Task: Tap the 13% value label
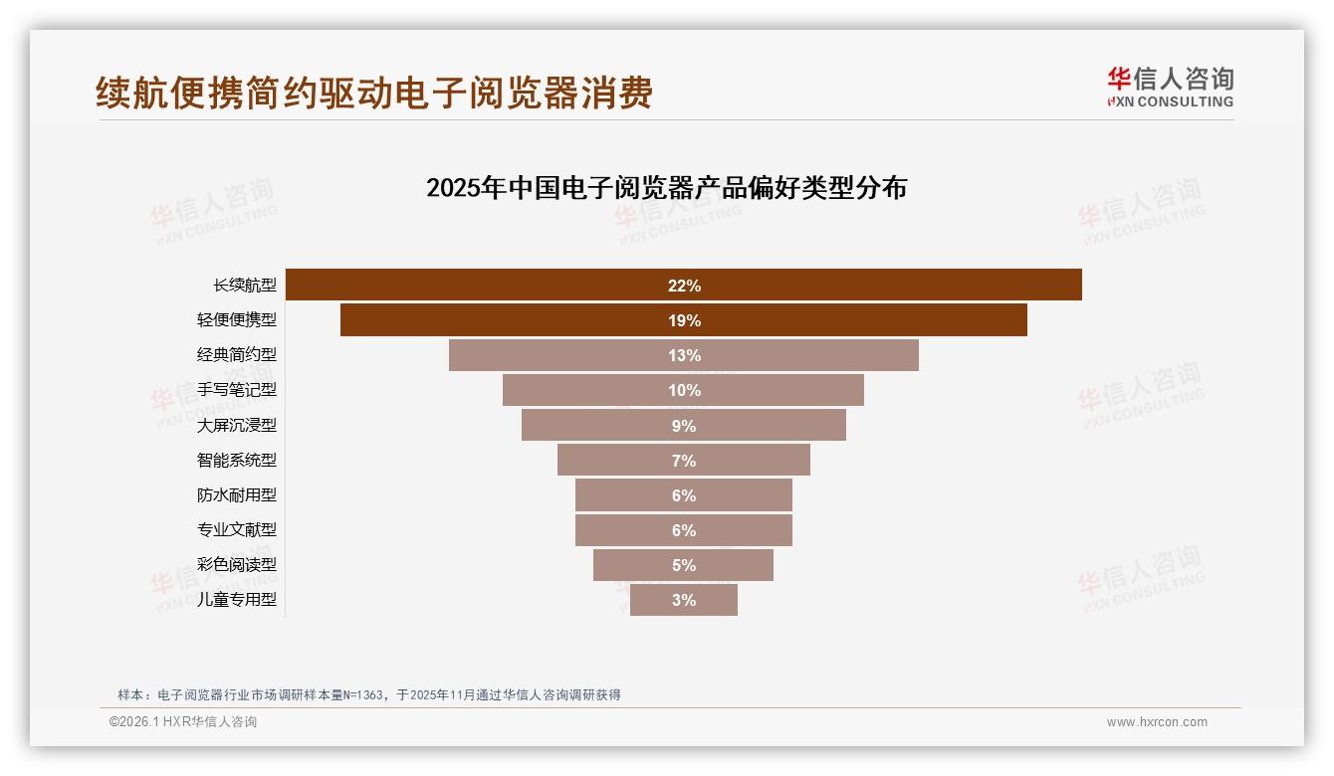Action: tap(684, 356)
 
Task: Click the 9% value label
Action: tap(684, 426)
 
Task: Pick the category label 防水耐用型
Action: tap(237, 495)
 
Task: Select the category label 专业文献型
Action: tap(237, 530)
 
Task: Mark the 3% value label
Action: tap(684, 601)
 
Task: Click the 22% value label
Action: tap(684, 287)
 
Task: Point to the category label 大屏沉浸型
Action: tap(237, 426)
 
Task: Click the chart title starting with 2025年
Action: tap(666, 188)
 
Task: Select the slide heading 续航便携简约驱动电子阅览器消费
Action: tap(374, 94)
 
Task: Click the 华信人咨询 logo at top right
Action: tap(1170, 88)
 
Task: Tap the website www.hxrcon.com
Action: tap(1157, 722)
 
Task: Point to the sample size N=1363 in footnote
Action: tap(361, 695)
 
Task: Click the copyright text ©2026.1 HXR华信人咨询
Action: tap(183, 722)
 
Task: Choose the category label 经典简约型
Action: tap(237, 355)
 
